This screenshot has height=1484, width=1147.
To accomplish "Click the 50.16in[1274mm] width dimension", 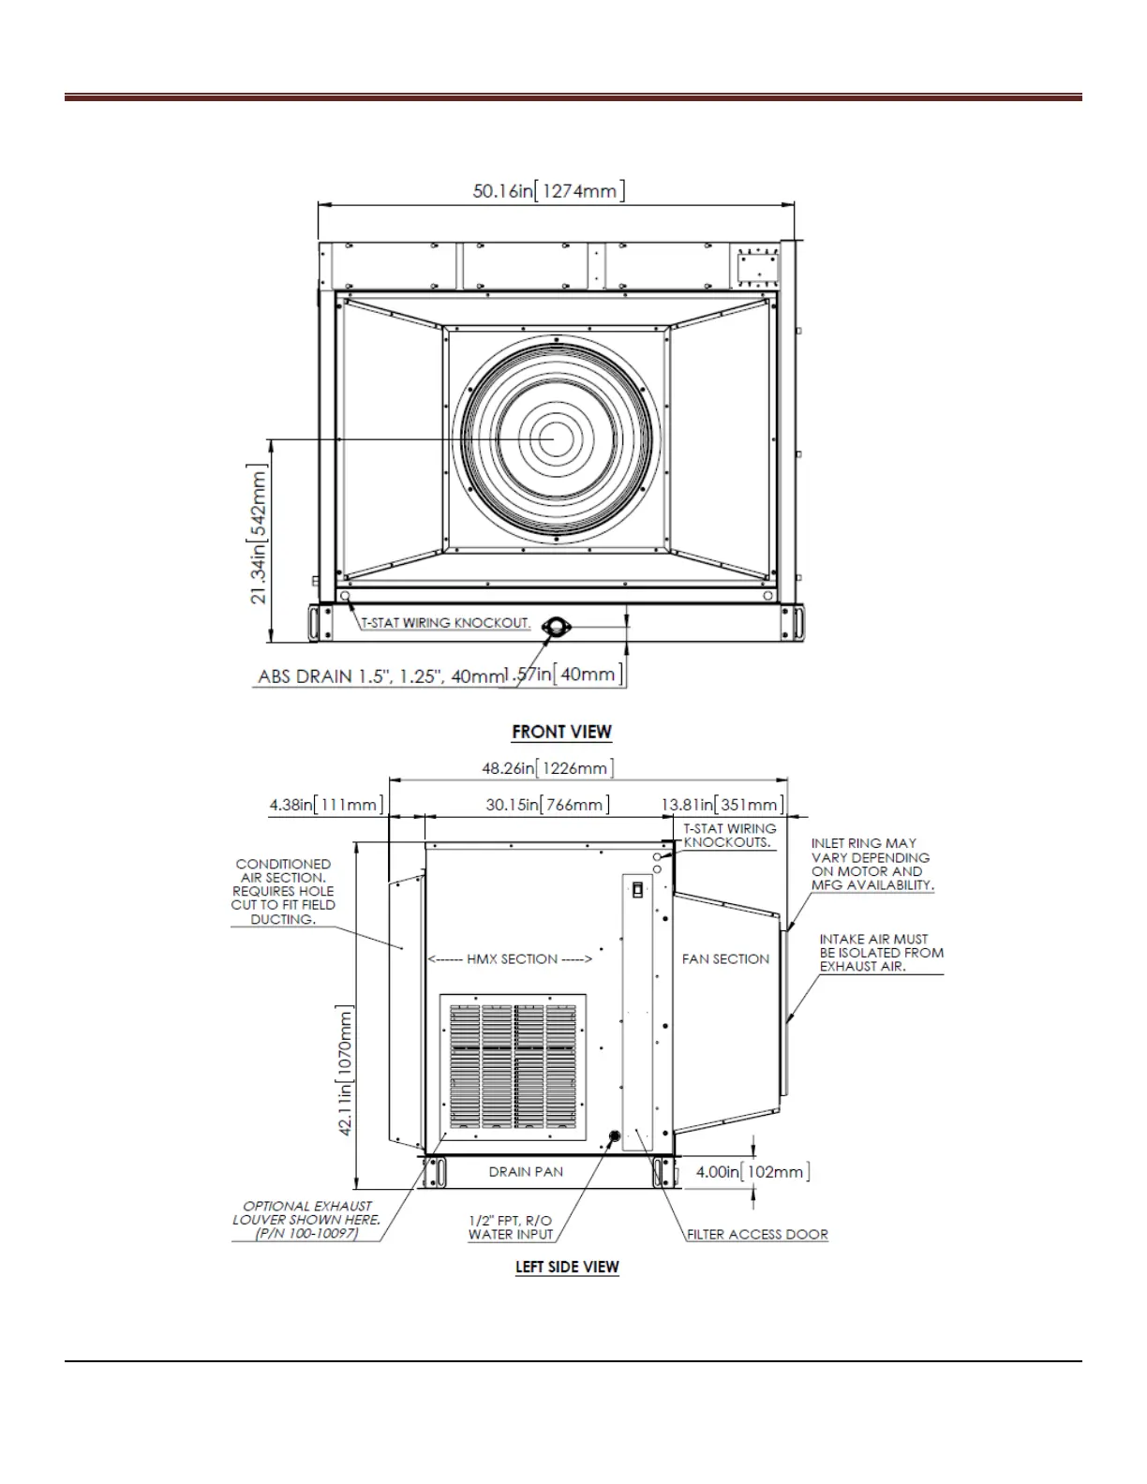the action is pyautogui.click(x=548, y=190).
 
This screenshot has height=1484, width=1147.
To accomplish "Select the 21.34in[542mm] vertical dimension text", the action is pyautogui.click(x=259, y=534).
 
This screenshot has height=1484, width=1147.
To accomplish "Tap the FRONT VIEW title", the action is pyautogui.click(x=561, y=732).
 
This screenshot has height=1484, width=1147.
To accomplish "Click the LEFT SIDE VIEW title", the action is pyautogui.click(x=567, y=1267).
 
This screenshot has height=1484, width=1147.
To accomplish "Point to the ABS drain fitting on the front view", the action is pyautogui.click(x=556, y=626).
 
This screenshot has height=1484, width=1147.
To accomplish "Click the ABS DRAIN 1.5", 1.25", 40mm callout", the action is pyautogui.click(x=380, y=676).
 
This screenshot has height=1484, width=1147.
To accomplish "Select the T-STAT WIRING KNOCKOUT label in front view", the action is pyautogui.click(x=445, y=623).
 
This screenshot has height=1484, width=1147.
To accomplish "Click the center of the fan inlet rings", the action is pyautogui.click(x=556, y=439).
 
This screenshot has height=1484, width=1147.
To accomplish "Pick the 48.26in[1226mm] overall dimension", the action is pyautogui.click(x=548, y=768).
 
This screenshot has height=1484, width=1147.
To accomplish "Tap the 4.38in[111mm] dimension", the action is pyautogui.click(x=326, y=805).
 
